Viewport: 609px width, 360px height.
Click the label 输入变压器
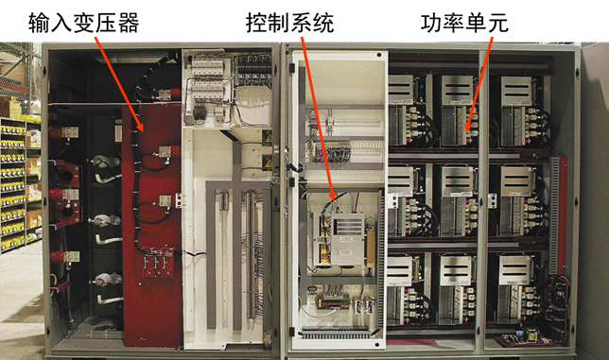click(x=83, y=23)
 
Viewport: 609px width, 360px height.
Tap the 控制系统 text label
click(x=289, y=23)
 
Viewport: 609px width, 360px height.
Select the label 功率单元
click(x=464, y=23)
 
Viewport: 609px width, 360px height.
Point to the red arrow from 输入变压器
click(x=119, y=84)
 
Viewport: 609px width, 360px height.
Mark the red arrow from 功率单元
click(x=479, y=84)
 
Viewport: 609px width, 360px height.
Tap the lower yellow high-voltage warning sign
click(x=268, y=162)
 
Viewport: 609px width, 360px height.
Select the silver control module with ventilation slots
click(x=347, y=239)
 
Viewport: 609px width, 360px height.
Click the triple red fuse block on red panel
click(x=157, y=263)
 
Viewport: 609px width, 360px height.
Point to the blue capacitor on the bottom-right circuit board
click(x=519, y=335)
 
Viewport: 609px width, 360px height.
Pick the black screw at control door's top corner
click(x=378, y=56)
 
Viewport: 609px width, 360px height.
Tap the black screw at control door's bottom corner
click(x=376, y=344)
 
